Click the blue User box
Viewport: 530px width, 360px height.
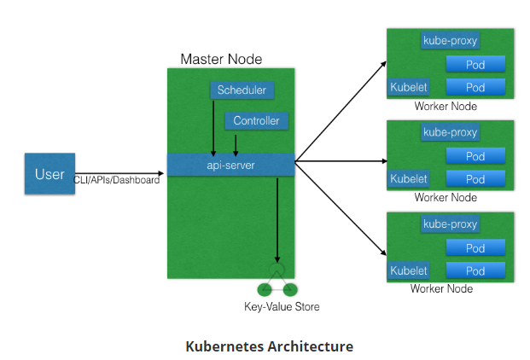[50, 174]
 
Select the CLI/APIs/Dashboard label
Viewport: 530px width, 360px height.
[117, 180]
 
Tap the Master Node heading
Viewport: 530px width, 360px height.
[221, 59]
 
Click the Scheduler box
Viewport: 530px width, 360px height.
[242, 90]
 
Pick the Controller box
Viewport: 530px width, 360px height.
[256, 121]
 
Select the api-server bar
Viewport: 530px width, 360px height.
[230, 164]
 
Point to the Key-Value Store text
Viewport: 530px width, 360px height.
[281, 306]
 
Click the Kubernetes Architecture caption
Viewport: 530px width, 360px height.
[269, 346]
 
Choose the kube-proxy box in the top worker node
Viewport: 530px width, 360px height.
[450, 40]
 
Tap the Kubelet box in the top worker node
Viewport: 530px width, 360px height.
[408, 87]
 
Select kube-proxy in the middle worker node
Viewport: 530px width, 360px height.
[450, 132]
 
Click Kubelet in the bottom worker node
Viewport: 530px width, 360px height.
[408, 270]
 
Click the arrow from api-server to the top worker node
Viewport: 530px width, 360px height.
[341, 111]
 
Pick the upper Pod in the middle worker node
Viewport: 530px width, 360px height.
[475, 156]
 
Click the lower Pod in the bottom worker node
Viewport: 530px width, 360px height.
[475, 271]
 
